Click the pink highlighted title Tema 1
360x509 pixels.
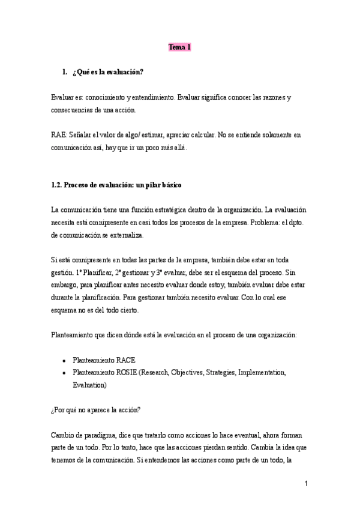179,47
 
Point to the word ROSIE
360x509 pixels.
126,373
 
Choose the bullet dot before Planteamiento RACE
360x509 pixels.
64,361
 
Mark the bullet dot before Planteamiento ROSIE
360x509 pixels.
64,373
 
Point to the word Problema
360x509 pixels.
259,221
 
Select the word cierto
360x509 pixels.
129,310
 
